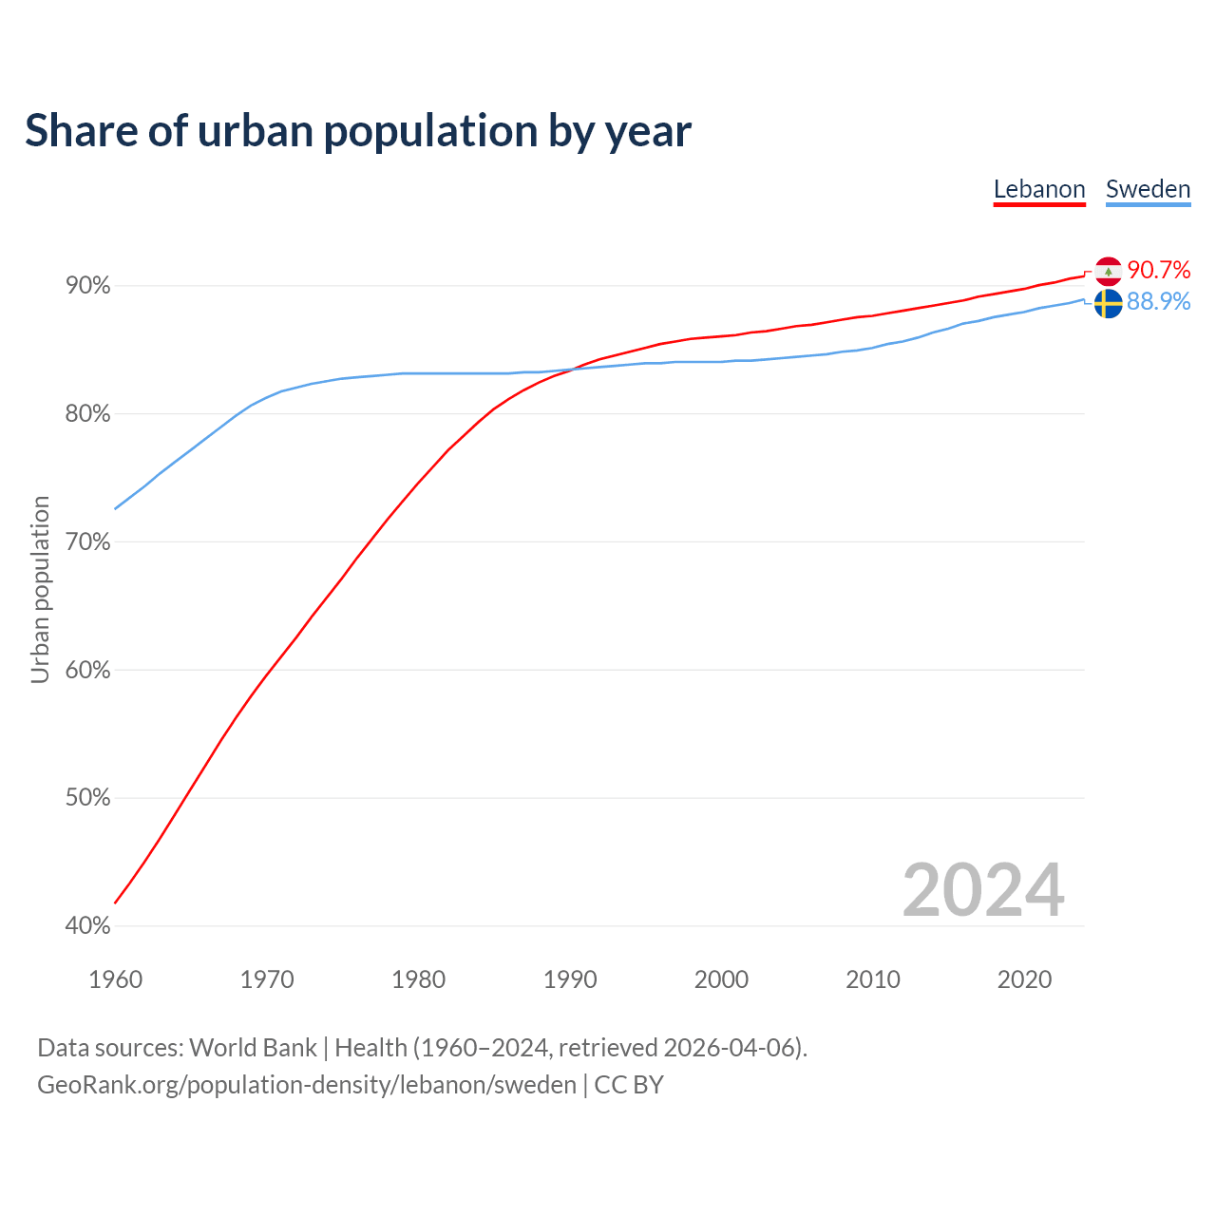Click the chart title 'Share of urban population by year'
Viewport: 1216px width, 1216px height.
click(x=358, y=131)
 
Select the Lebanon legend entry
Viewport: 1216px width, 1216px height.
click(x=1039, y=189)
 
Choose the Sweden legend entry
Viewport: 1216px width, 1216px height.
click(x=1148, y=189)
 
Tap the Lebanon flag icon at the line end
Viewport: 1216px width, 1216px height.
click(x=1108, y=272)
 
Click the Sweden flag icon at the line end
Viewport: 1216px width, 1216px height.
click(x=1108, y=304)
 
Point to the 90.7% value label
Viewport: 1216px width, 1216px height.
click(x=1159, y=271)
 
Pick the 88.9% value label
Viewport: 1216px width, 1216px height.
click(x=1159, y=302)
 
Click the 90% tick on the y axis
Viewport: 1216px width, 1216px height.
click(x=88, y=286)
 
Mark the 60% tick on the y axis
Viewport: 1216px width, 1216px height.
click(x=88, y=671)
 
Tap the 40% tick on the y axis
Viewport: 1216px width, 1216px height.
click(x=88, y=926)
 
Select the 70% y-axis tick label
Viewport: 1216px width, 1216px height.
click(x=88, y=542)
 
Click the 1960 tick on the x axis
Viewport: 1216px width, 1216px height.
click(x=115, y=979)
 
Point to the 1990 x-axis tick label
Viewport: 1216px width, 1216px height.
click(x=570, y=979)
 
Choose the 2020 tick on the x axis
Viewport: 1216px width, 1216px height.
click(x=1024, y=979)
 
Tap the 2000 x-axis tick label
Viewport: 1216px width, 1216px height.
click(x=721, y=979)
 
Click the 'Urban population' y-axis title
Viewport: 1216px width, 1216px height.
click(x=40, y=589)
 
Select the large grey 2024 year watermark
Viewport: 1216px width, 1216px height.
click(x=983, y=890)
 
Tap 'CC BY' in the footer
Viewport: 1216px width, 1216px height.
click(x=629, y=1085)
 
